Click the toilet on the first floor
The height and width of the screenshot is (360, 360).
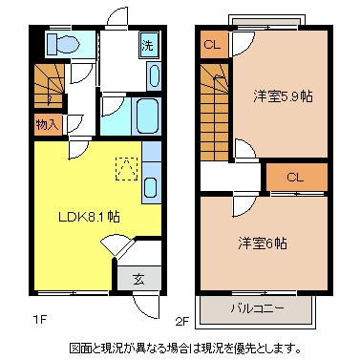coord(63,43)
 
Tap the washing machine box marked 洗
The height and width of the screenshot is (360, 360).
coord(147,45)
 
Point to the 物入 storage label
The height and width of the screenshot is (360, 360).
coord(47,123)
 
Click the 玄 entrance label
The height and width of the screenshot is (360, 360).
coord(138,279)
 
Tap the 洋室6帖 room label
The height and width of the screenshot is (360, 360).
coord(264,242)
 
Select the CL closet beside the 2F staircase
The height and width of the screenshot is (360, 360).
coord(212,44)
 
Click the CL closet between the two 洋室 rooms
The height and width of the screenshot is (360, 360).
coord(295,177)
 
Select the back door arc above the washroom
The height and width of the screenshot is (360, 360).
coord(116,19)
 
